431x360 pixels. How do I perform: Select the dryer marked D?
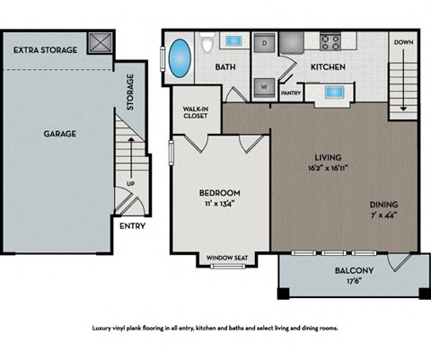tap(265, 42)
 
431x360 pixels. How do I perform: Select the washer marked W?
tap(265, 87)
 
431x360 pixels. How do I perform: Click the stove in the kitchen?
tap(329, 40)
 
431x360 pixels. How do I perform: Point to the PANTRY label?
tap(290, 92)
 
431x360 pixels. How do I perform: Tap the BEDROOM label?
tap(220, 193)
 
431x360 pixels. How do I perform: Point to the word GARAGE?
tap(60, 134)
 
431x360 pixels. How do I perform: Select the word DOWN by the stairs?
tap(404, 42)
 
